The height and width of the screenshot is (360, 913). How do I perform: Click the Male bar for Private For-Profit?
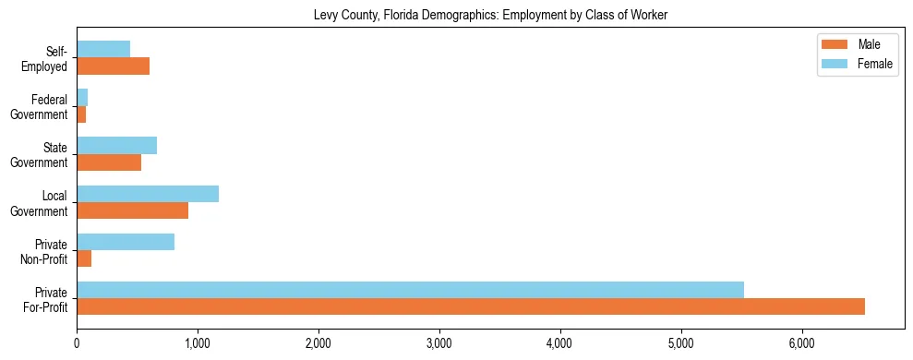pyautogui.click(x=471, y=306)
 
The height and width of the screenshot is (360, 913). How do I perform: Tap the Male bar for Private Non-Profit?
pyautogui.click(x=84, y=258)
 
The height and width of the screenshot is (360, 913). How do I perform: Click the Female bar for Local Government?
pyautogui.click(x=148, y=194)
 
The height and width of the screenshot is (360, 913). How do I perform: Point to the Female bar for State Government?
pyautogui.click(x=116, y=146)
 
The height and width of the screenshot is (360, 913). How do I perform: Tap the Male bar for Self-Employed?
pyautogui.click(x=113, y=66)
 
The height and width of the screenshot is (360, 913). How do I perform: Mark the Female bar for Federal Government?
pyautogui.click(x=82, y=98)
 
